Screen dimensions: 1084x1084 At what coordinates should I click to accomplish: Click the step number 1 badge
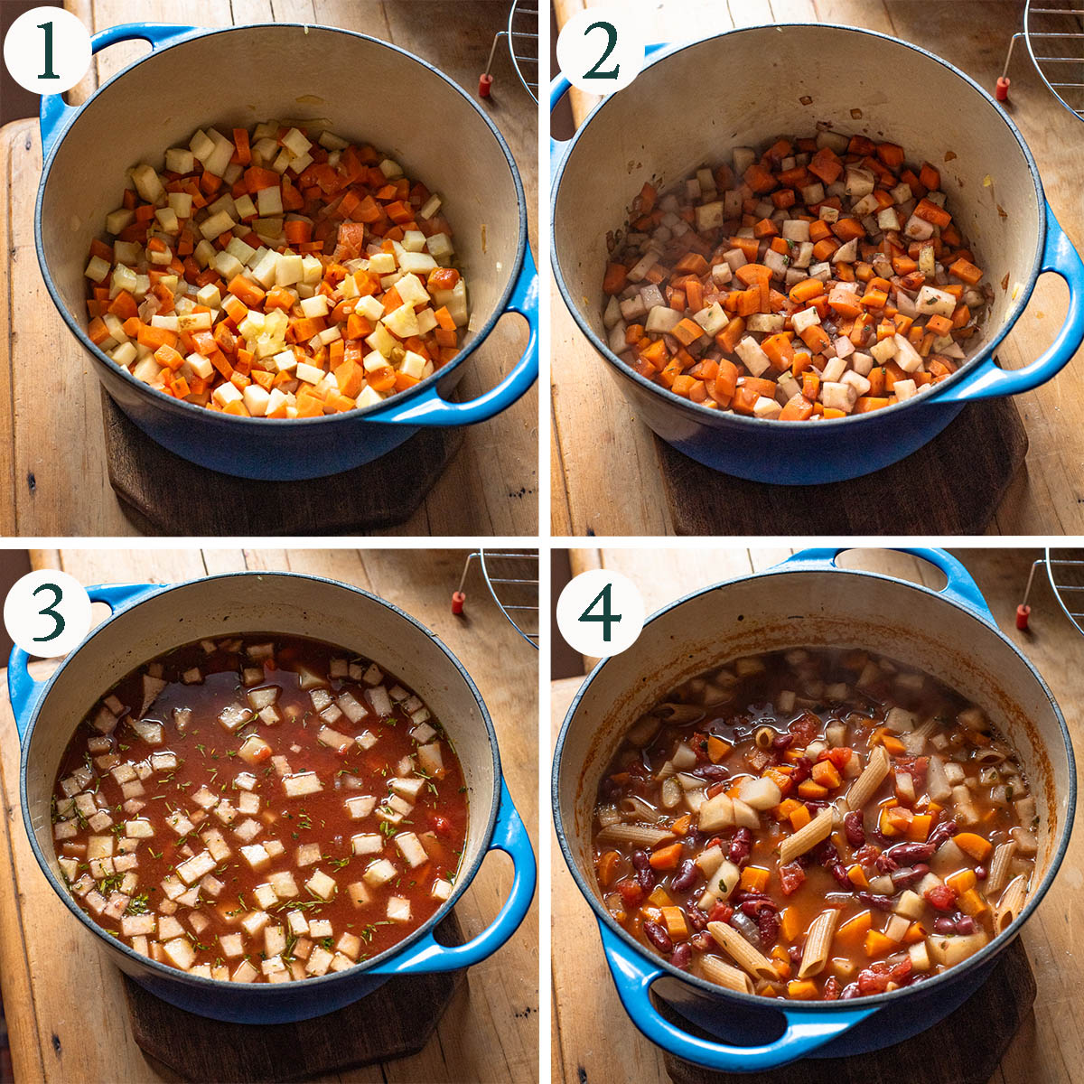click(x=47, y=51)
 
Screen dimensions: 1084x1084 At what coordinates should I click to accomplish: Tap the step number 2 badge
click(x=600, y=51)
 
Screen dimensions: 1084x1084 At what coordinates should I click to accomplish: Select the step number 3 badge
click(x=47, y=612)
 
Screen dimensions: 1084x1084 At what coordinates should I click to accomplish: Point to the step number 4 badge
click(x=600, y=612)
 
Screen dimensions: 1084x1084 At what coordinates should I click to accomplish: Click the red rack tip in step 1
click(x=485, y=86)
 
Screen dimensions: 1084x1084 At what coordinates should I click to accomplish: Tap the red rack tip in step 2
click(x=1003, y=89)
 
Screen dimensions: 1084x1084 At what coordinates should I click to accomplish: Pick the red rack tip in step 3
click(x=459, y=603)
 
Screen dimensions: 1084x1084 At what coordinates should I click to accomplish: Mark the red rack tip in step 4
click(x=1023, y=617)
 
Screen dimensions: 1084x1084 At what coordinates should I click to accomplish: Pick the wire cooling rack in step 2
click(x=1046, y=56)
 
